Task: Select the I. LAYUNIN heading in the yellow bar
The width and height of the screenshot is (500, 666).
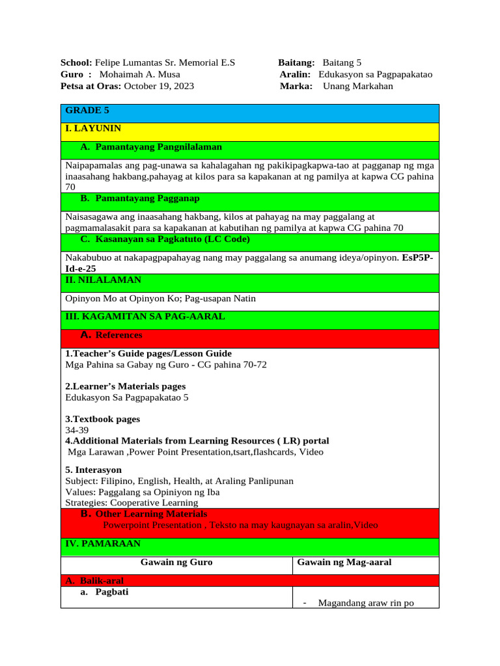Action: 93,129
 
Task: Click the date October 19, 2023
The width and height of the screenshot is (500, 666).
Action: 159,86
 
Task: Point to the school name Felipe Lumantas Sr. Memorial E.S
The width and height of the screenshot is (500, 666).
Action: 165,63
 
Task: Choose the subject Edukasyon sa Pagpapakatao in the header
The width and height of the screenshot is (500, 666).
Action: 375,74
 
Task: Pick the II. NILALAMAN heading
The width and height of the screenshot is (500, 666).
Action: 103,280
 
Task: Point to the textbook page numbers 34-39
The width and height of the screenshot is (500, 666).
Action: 77,430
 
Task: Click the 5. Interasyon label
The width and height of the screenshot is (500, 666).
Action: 94,470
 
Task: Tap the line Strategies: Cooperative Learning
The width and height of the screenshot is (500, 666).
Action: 132,503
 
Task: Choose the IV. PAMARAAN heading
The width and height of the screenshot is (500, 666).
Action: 102,543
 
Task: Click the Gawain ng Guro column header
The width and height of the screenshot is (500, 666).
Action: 176,562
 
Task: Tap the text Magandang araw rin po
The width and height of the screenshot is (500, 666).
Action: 366,603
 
